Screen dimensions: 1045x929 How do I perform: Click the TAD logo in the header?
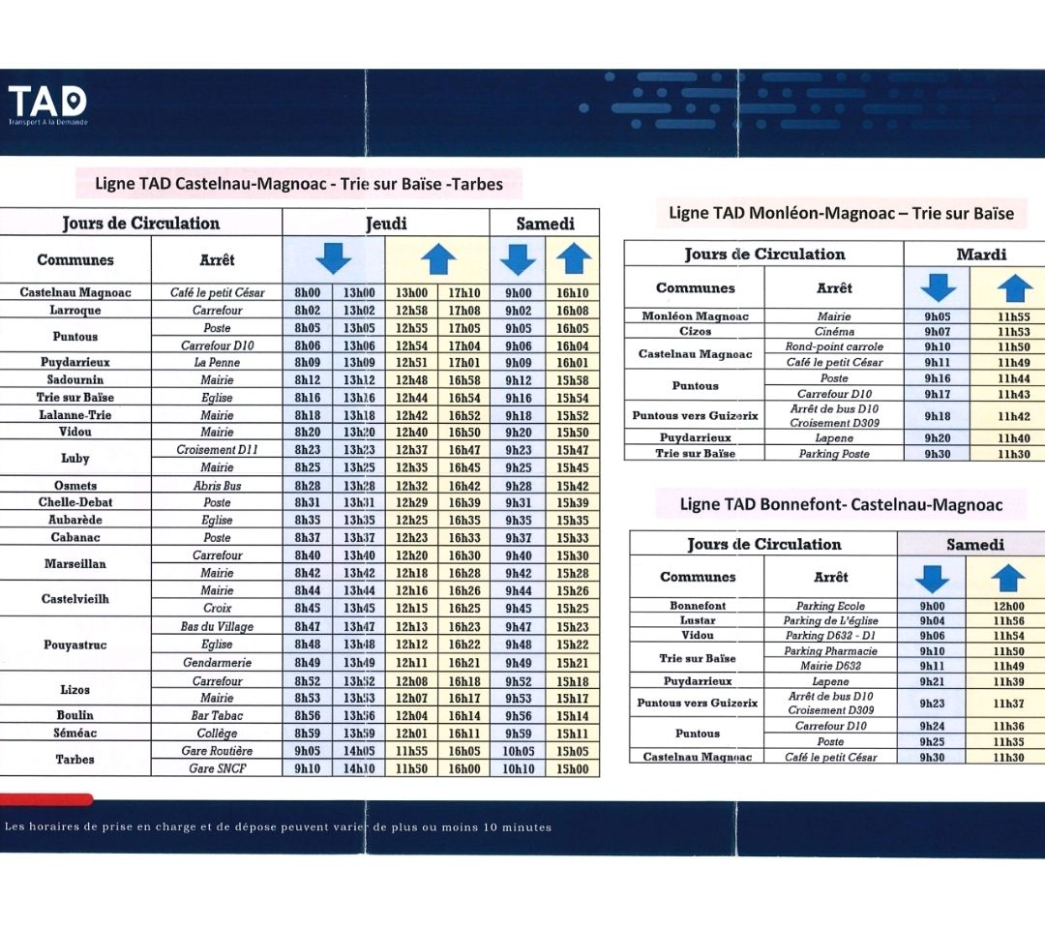[47, 105]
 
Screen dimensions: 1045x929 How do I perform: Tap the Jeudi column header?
[386, 224]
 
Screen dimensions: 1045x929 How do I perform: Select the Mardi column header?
[981, 254]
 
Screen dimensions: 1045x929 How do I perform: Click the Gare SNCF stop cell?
[218, 768]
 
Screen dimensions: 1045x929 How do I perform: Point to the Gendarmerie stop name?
[218, 663]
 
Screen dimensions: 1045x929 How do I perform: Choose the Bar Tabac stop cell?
[218, 715]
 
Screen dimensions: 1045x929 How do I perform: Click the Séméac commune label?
[75, 733]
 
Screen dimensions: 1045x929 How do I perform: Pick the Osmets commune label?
[75, 485]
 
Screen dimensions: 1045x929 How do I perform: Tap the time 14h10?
[359, 768]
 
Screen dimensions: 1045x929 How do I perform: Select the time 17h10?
[463, 292]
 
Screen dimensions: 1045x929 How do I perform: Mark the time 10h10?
[518, 768]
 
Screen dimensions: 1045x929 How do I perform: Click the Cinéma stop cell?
[834, 331]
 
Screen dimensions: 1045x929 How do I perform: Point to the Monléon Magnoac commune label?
[695, 315]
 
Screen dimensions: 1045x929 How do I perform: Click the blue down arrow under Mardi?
[938, 287]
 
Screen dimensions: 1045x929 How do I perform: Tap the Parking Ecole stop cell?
[830, 606]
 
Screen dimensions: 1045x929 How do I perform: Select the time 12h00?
[1008, 606]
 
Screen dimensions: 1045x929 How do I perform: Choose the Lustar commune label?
[697, 619]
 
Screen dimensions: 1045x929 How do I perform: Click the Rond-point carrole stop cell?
[834, 346]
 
